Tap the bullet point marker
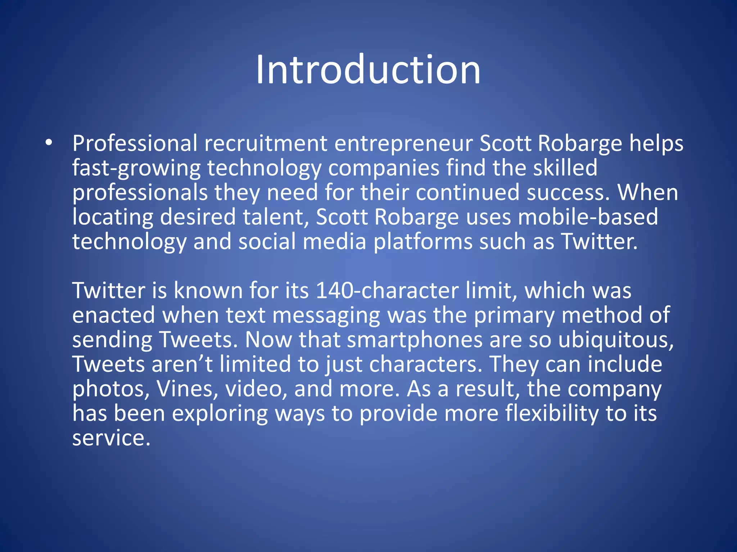[49, 143]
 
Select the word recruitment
[266, 143]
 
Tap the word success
[568, 193]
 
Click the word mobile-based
[588, 217]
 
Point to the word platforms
[423, 242]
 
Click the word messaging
[326, 316]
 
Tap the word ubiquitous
[616, 340]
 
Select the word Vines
[187, 389]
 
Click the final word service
[111, 438]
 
